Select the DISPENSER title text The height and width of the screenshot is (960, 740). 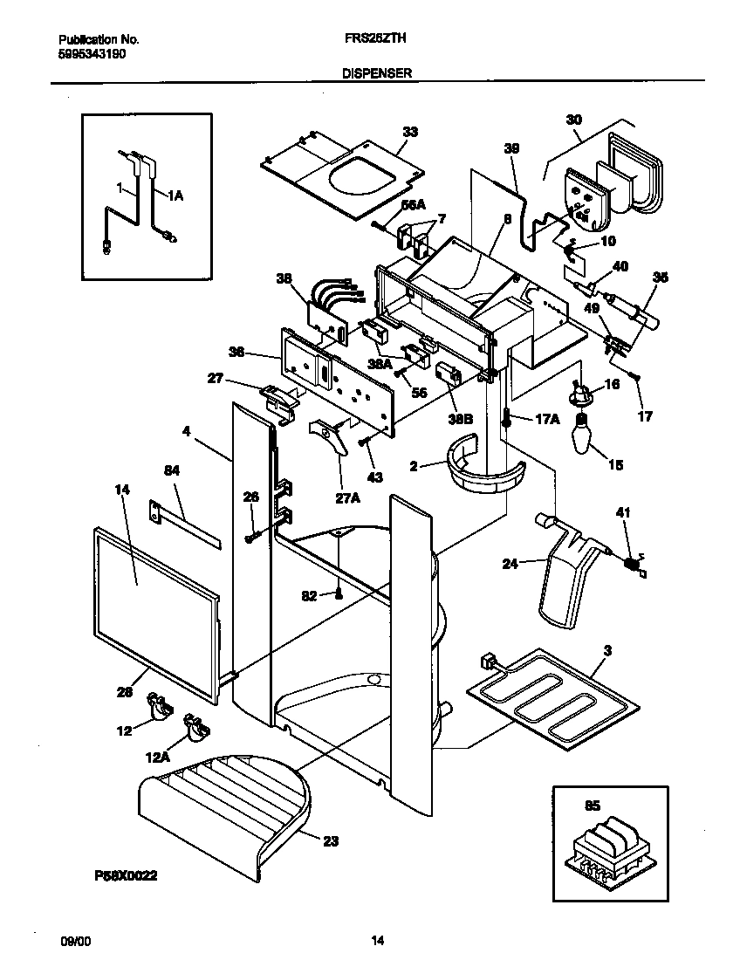click(x=376, y=74)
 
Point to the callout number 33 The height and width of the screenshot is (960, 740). click(x=409, y=132)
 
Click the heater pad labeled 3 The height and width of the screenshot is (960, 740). click(x=545, y=694)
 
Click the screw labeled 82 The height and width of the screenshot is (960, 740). click(x=339, y=594)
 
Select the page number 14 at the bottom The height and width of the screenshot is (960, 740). click(x=377, y=941)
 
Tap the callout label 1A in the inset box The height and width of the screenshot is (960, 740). click(x=174, y=196)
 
